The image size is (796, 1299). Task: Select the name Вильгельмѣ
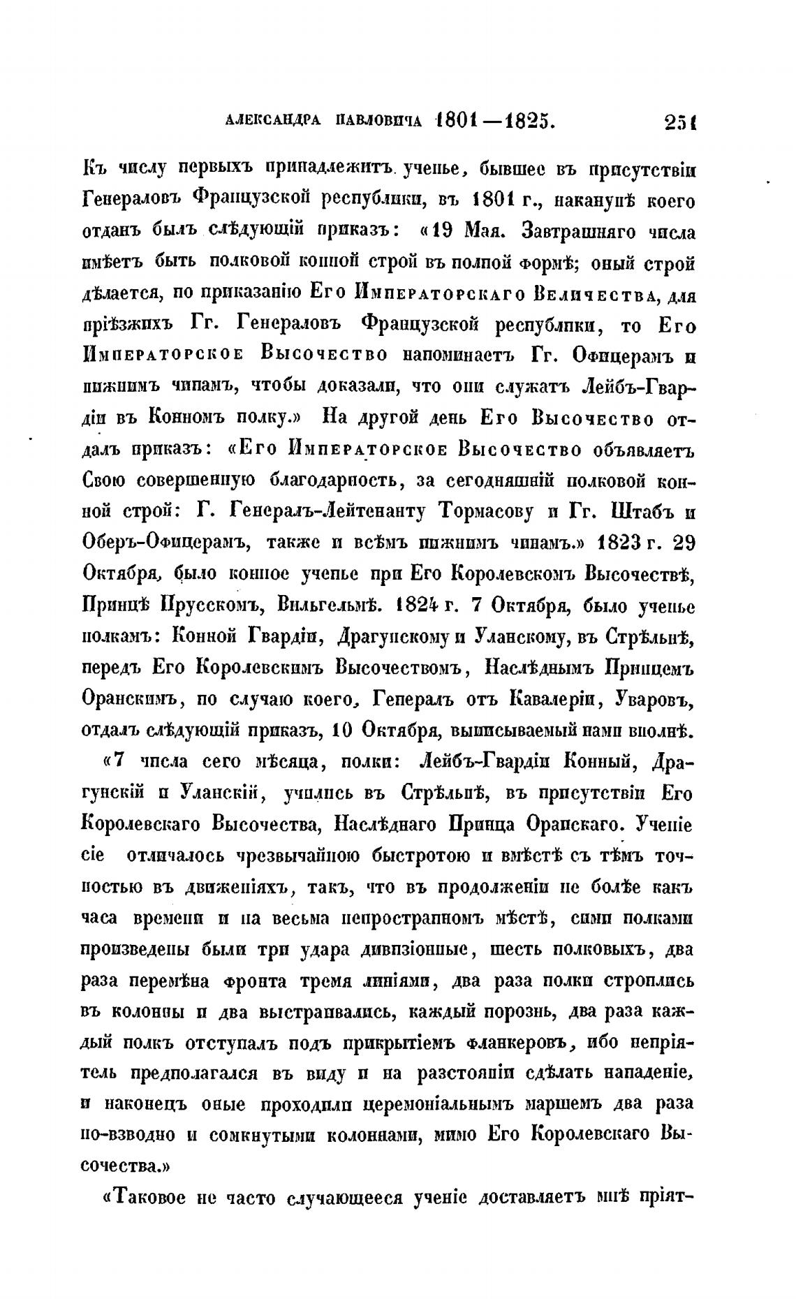tap(330, 606)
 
